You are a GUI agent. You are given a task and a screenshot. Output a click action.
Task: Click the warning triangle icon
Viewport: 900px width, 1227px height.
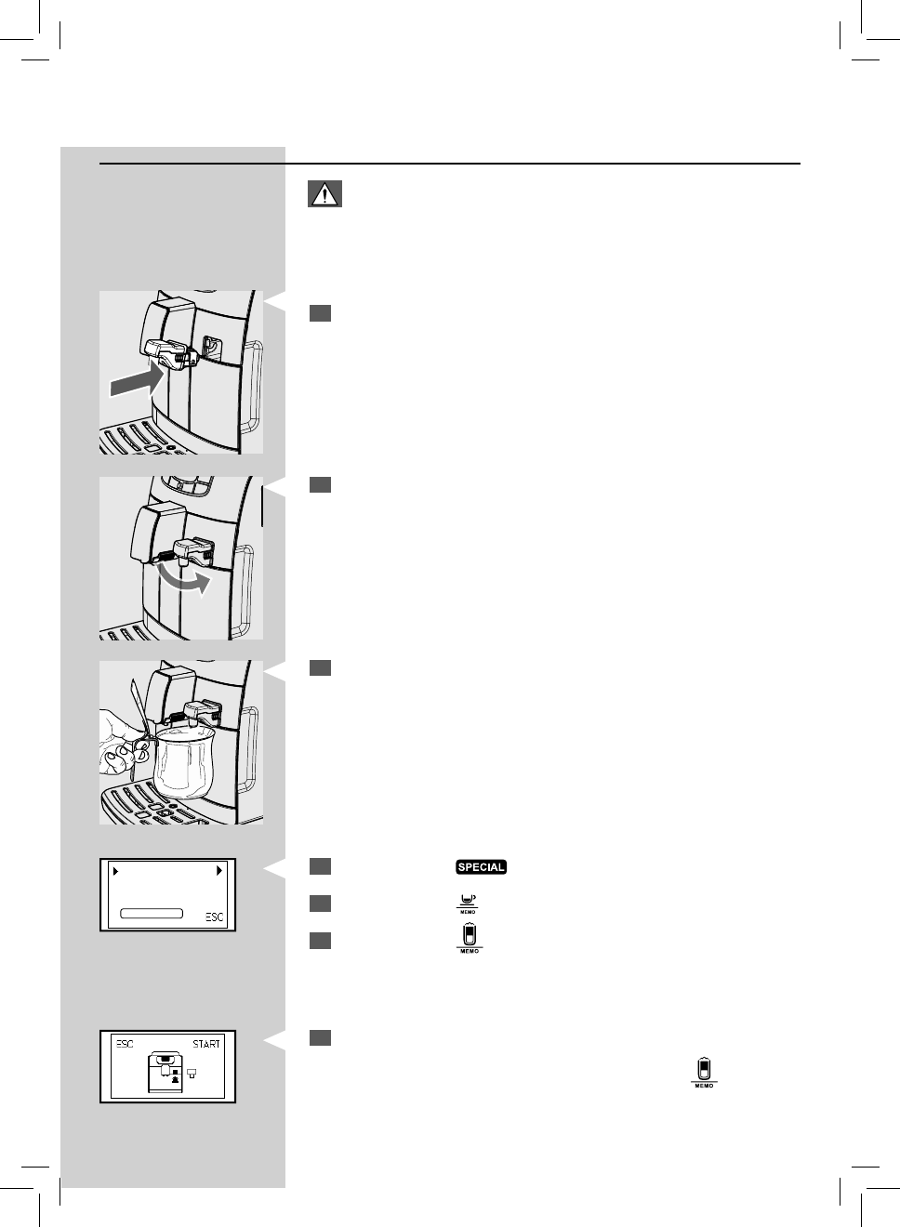tap(324, 193)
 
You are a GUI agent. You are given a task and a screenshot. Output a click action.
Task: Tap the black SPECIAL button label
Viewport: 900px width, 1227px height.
tap(481, 867)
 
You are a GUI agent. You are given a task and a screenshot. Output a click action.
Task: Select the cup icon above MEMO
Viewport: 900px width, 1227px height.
tap(468, 902)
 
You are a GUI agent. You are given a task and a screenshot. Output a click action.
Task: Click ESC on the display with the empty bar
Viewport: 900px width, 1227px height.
tap(215, 917)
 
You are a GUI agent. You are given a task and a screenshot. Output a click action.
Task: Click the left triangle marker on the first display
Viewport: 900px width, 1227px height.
tap(115, 872)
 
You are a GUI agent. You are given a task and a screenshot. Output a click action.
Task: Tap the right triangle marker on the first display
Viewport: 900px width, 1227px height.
tap(219, 872)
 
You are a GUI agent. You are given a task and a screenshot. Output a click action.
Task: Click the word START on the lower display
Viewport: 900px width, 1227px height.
tap(206, 1044)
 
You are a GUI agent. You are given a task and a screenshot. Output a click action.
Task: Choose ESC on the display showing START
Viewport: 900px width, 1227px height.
tap(125, 1044)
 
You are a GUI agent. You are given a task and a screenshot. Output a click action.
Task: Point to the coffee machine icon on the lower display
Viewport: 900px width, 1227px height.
tap(165, 1074)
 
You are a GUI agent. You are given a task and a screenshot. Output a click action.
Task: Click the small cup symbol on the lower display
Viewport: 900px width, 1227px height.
tap(192, 1073)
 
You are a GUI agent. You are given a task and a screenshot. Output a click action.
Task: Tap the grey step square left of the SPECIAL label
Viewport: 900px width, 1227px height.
tap(321, 867)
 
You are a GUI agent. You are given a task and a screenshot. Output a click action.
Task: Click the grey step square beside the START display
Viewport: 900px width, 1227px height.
tap(321, 1037)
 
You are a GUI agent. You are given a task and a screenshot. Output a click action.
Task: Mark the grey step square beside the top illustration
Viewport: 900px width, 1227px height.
tap(321, 313)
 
